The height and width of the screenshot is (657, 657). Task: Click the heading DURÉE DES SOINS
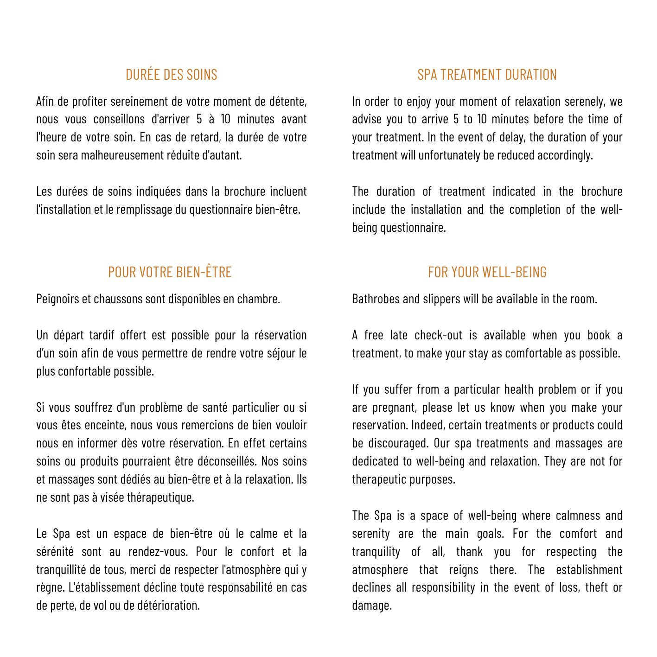pos(171,75)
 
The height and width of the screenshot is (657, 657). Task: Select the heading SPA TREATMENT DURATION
pos(487,75)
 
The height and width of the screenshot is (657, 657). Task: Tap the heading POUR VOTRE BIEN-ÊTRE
pos(170,272)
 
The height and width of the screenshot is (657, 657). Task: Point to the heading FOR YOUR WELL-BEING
pos(487,272)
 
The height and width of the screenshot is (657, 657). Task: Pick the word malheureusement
pos(122,155)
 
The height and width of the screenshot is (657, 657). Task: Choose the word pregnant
pos(394,408)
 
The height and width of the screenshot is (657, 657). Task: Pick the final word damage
pos(372,606)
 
